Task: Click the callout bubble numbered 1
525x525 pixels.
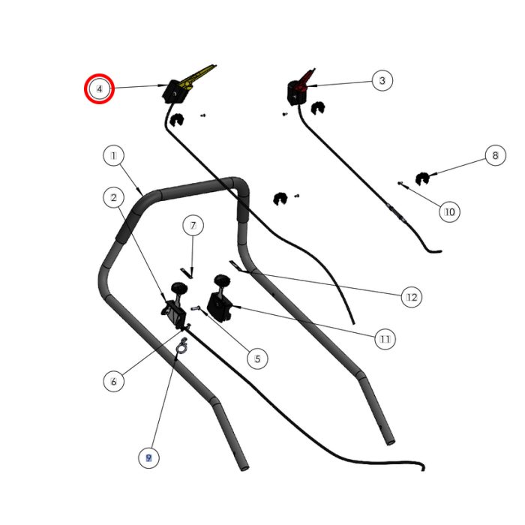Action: click(113, 157)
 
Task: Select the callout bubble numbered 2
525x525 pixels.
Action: click(113, 198)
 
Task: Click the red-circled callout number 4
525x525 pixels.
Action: click(99, 88)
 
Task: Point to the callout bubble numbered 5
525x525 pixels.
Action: click(256, 358)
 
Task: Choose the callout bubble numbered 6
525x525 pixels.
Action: click(113, 381)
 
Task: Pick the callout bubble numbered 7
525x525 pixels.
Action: click(193, 225)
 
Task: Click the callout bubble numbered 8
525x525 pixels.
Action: click(494, 156)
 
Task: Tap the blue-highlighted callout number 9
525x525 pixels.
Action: click(148, 457)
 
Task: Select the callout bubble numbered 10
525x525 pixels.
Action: click(449, 211)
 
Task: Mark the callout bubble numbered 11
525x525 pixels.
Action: click(384, 340)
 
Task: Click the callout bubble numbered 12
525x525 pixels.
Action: click(410, 297)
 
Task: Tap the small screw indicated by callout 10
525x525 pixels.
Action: click(403, 182)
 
